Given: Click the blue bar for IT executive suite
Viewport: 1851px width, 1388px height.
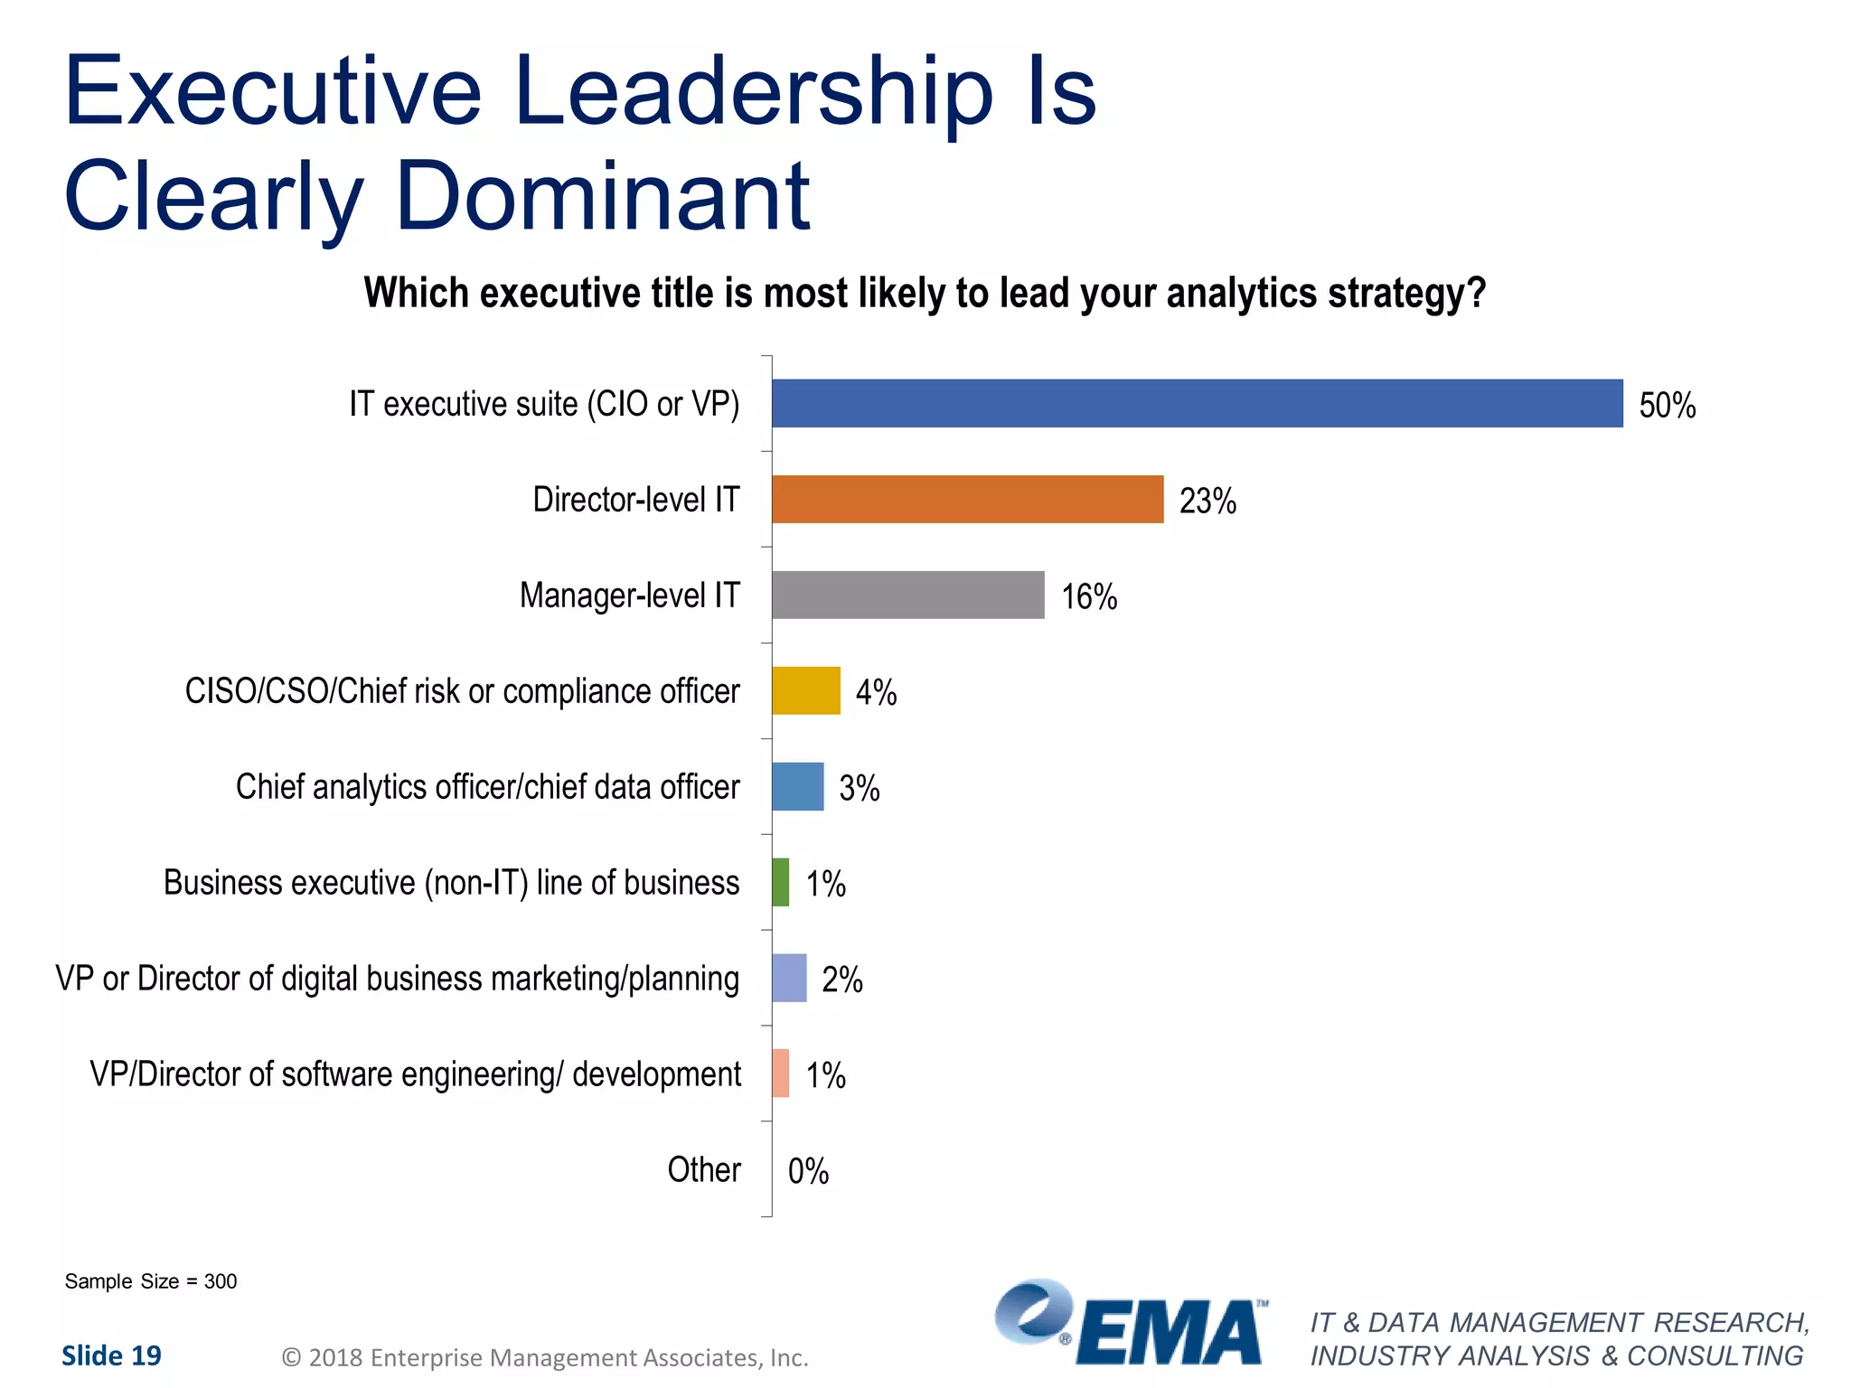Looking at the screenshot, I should [x=1197, y=403].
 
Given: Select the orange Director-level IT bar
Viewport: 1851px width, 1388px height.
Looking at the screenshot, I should [x=967, y=499].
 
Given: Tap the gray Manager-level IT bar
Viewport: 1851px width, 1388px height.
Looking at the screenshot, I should [x=907, y=595].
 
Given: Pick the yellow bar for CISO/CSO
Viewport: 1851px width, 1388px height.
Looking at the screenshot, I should [x=805, y=690].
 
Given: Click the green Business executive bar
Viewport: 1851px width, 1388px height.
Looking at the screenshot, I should [x=780, y=882].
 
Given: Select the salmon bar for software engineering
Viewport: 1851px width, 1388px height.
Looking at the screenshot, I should [x=780, y=1074].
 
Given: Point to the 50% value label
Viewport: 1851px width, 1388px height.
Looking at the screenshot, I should [x=1667, y=406].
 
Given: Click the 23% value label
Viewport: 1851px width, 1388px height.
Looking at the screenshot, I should [x=1207, y=502].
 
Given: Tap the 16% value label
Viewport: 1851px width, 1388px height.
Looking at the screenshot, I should [x=1088, y=597].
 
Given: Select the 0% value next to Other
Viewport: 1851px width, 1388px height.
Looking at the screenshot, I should [x=808, y=1171].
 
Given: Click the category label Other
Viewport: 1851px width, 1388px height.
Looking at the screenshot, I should [x=703, y=1169].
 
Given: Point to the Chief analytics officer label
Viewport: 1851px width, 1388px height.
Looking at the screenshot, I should [x=487, y=787].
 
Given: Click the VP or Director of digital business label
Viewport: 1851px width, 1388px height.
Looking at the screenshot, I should [x=397, y=979].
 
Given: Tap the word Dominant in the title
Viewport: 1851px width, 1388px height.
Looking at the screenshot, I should [x=602, y=196].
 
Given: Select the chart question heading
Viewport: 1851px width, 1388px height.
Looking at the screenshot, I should [x=924, y=294].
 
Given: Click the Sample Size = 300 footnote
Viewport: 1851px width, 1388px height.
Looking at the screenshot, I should [x=150, y=1281].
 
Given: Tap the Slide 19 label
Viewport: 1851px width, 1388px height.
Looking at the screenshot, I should [x=111, y=1355].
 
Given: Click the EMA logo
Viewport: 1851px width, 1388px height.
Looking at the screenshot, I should [x=1131, y=1323].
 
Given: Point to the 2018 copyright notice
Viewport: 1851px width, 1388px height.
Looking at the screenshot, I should [x=545, y=1357].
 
